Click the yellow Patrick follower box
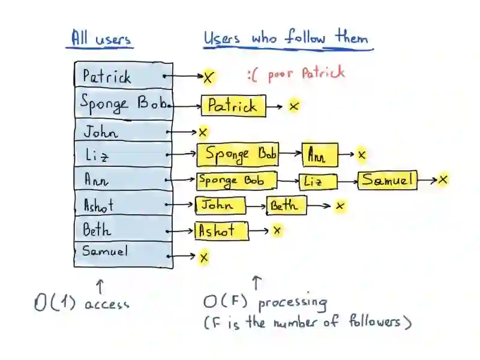233,106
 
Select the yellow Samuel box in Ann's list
388,179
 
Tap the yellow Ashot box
221,231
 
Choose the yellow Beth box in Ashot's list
286,206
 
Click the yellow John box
220,206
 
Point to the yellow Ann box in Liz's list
320,155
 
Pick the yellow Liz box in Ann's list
318,181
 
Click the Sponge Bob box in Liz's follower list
238,154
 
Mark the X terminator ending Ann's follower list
443,179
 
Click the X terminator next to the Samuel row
204,257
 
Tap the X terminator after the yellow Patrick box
294,106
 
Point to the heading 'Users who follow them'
286,39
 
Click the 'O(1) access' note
82,303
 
